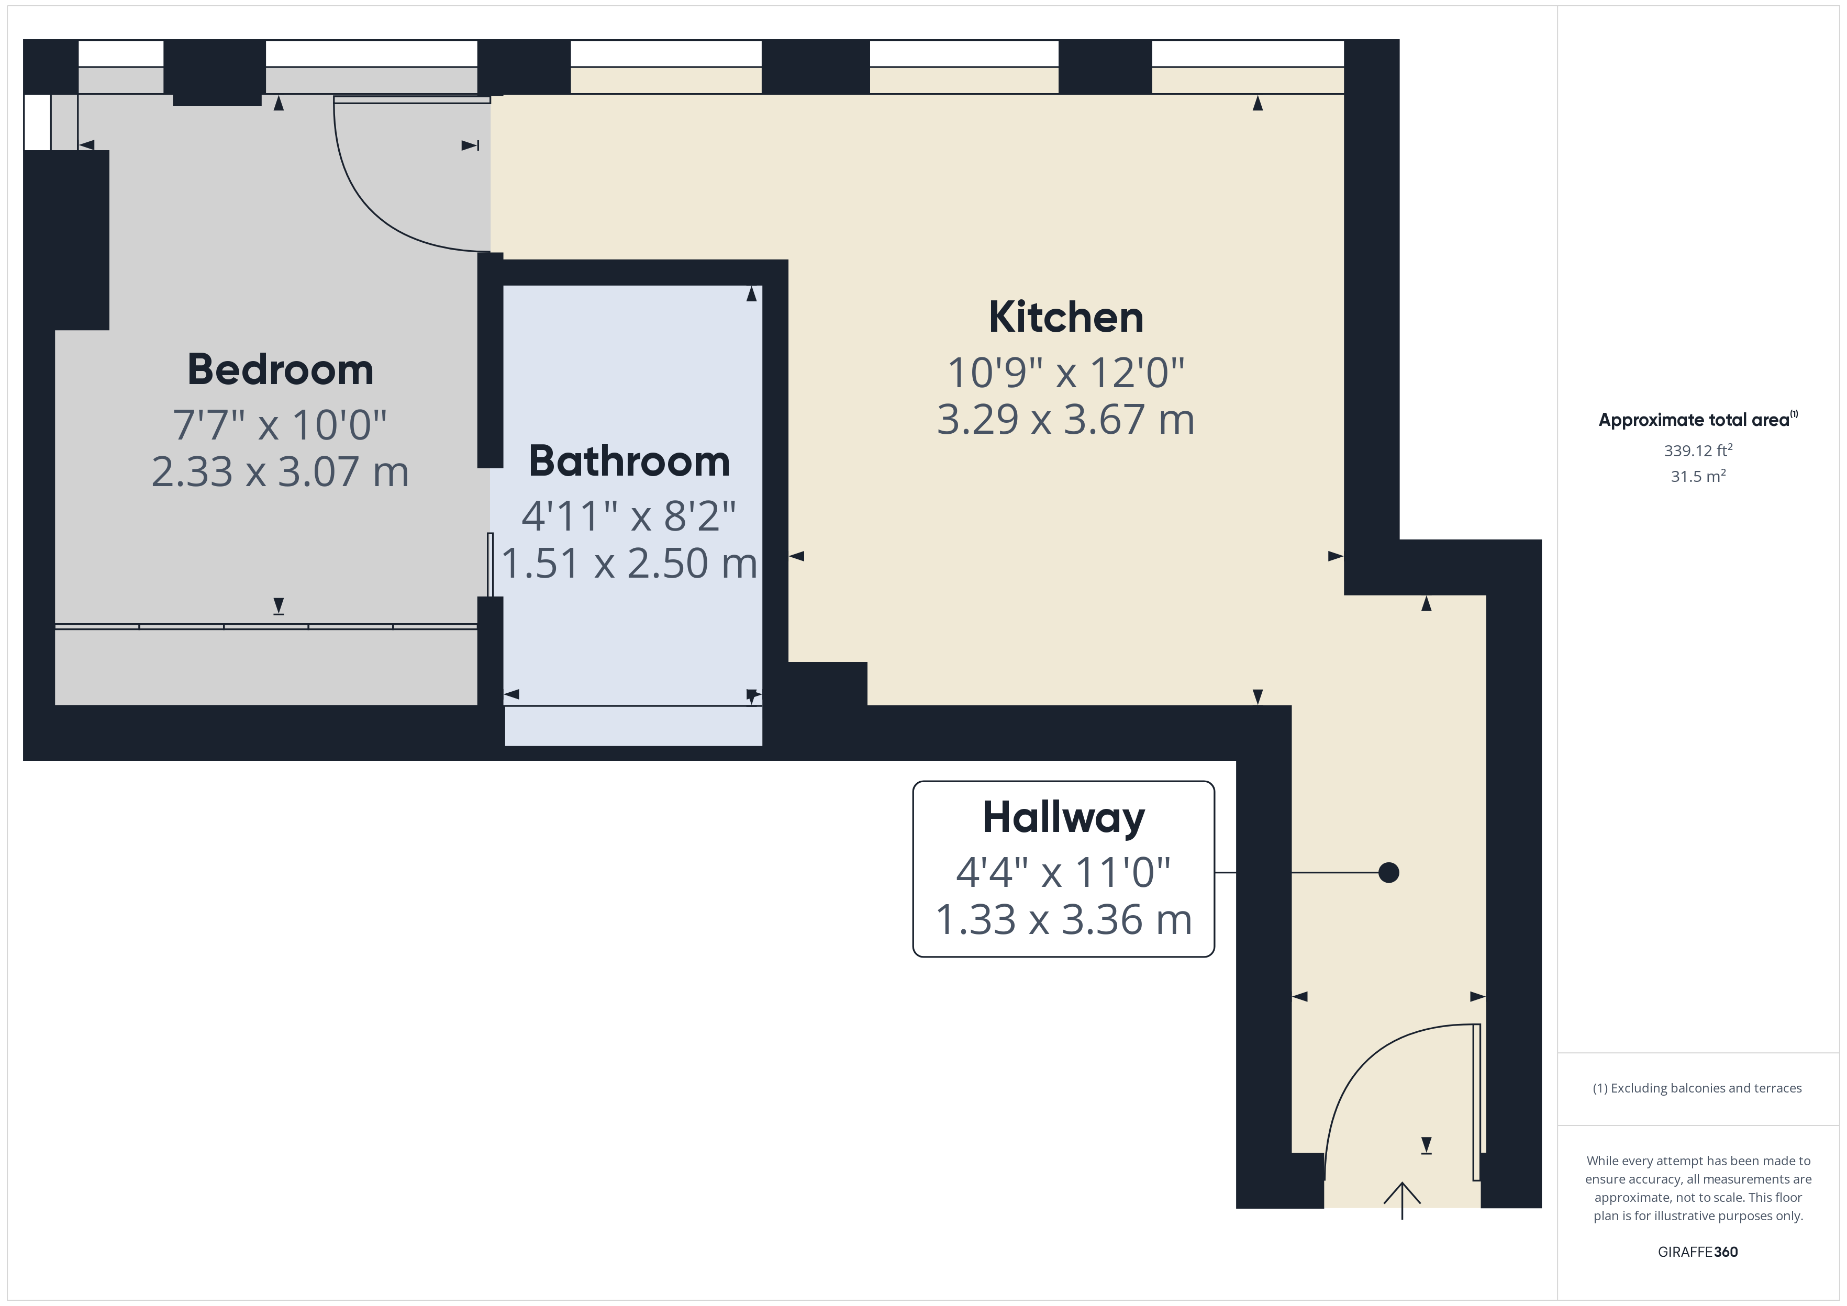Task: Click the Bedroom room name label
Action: point(281,370)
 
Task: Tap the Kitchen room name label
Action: point(1066,317)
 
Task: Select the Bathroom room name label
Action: point(629,461)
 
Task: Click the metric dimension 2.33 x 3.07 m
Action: point(280,471)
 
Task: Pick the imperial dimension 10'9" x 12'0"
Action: point(1066,373)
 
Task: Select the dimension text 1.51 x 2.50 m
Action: point(629,563)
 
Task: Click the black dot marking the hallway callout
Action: point(1388,873)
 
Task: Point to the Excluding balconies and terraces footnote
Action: point(1697,1088)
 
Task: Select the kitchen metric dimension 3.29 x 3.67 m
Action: point(1066,420)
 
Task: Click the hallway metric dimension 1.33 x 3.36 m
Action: point(1063,920)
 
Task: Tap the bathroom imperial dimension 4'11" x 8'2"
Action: point(629,516)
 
